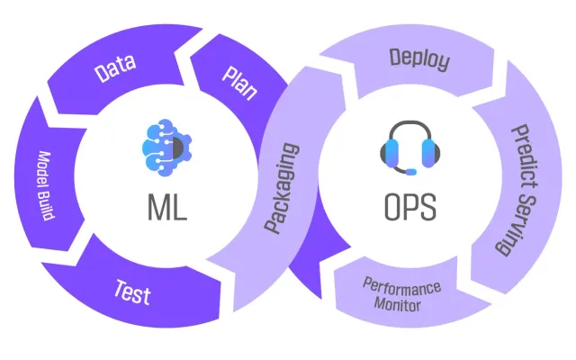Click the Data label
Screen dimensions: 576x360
(115, 68)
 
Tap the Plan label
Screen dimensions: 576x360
(239, 83)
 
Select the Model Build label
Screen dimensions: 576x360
(46, 185)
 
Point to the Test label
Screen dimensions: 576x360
(132, 292)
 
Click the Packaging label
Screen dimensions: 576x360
(282, 188)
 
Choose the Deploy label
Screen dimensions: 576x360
(419, 59)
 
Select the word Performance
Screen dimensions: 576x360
(401, 286)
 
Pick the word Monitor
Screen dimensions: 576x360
(397, 304)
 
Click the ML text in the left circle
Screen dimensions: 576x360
(167, 207)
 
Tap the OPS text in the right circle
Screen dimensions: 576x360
(410, 207)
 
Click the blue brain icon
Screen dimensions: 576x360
(166, 147)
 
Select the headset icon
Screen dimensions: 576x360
(410, 148)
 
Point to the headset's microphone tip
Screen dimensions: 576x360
(410, 172)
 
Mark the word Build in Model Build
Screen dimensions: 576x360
(47, 206)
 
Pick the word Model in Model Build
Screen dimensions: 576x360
(45, 168)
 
